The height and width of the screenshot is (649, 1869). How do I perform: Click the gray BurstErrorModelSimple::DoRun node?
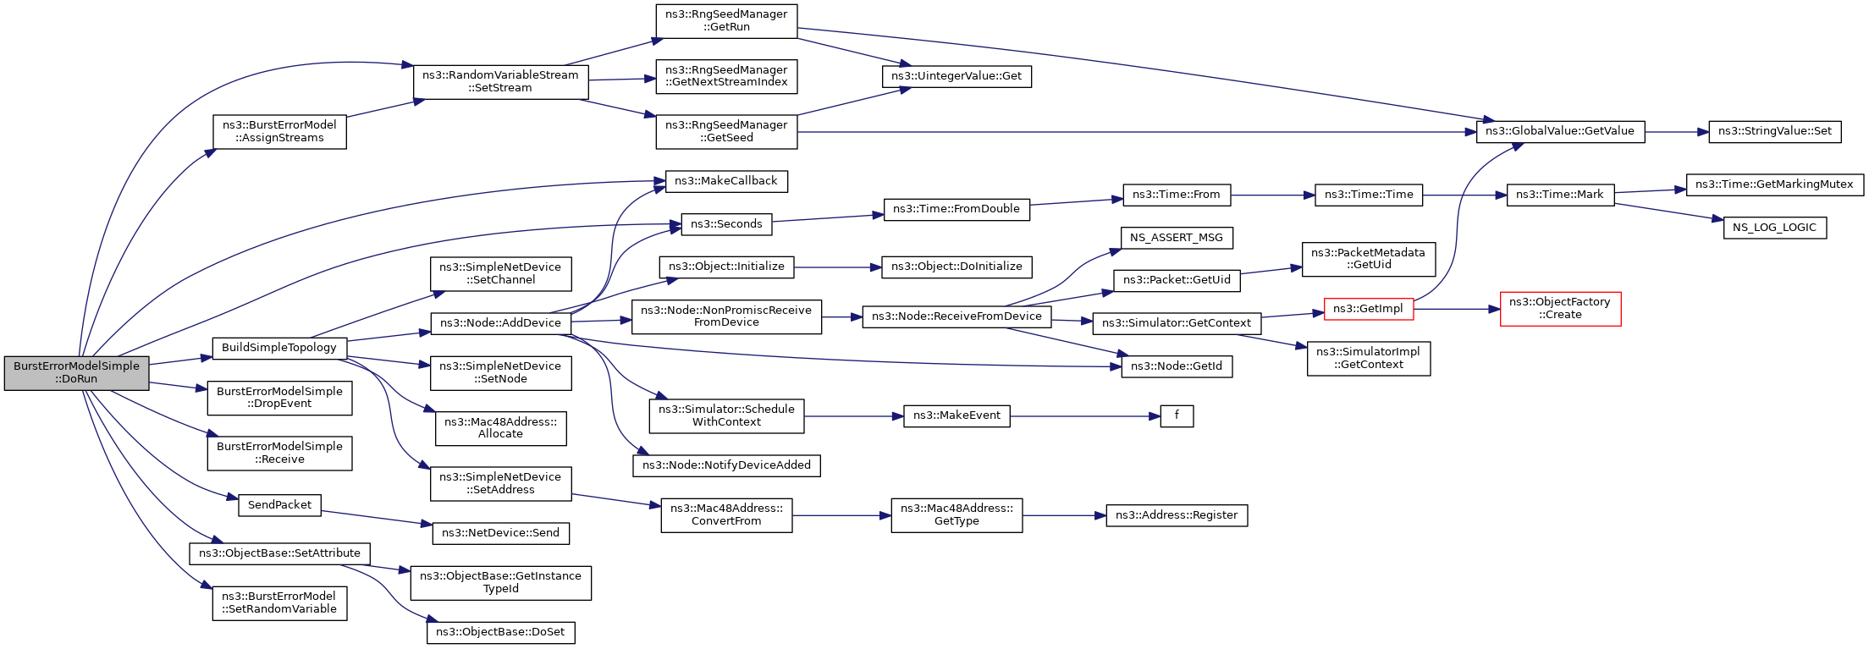(76, 373)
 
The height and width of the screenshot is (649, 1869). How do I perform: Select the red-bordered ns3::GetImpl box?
(1368, 309)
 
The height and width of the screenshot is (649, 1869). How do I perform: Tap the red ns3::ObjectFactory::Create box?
(1560, 309)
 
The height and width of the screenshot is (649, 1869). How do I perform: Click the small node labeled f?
(1177, 416)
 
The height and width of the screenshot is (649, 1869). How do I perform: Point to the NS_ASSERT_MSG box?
(1176, 238)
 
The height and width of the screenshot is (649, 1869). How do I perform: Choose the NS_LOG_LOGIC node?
(1774, 228)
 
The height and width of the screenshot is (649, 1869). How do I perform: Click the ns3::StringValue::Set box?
(1774, 132)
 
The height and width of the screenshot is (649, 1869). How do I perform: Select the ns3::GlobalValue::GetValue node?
(1560, 132)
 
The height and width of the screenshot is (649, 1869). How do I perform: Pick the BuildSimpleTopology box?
(279, 348)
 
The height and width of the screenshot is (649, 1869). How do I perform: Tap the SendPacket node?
(279, 505)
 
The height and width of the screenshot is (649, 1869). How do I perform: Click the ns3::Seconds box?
(726, 224)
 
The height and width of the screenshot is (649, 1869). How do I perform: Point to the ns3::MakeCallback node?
(726, 181)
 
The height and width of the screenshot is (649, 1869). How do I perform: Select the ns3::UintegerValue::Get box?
(957, 76)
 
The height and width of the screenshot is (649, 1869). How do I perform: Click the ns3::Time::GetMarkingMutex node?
(1774, 184)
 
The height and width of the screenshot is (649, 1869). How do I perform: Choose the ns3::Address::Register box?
(1177, 515)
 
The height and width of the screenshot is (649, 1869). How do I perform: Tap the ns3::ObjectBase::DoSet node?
(500, 632)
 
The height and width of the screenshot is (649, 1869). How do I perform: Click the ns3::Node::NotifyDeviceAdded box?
(726, 465)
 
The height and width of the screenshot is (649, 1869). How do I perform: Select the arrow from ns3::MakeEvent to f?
(1085, 416)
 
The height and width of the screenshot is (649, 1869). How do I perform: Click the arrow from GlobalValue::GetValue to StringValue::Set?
(1677, 132)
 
